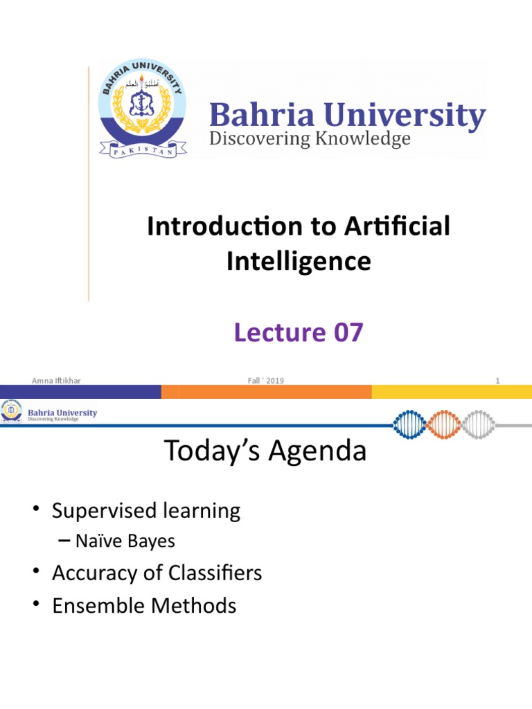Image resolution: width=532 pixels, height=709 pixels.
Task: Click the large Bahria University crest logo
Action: pos(143,109)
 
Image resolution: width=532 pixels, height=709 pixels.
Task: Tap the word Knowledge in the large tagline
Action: pos(363,138)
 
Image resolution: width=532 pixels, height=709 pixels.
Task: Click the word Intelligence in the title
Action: pos(299,262)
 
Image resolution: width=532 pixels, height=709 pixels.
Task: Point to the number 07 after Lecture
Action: pos(348,332)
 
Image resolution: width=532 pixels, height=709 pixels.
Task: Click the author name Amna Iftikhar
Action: pos(56,381)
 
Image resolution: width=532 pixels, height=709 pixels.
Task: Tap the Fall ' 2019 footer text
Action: pos(265,381)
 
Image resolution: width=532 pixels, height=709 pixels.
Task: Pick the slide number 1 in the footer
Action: pos(497,381)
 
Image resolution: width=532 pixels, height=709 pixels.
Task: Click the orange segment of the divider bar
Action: pos(267,392)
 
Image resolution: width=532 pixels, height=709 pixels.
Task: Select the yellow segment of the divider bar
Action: pos(452,392)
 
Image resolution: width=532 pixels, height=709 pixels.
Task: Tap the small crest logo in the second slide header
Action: pos(11,411)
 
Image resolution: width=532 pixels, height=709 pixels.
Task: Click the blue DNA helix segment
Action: pos(410,424)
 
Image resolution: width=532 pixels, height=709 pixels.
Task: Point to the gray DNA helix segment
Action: pos(478,424)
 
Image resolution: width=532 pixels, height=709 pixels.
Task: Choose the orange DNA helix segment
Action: pos(444,424)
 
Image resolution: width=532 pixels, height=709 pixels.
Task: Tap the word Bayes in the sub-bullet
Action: pos(151,541)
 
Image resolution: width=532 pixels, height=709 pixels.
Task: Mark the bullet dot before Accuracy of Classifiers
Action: pos(37,571)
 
